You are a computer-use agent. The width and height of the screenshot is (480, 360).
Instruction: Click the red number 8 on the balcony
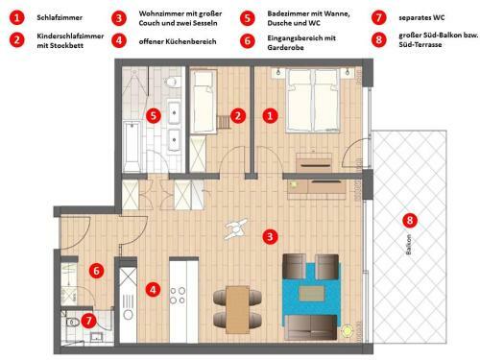(411, 220)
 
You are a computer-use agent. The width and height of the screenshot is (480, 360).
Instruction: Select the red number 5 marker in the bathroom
(154, 115)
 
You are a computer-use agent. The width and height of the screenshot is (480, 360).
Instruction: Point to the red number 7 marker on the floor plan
(89, 321)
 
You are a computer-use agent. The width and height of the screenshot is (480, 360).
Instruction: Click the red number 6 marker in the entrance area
(97, 272)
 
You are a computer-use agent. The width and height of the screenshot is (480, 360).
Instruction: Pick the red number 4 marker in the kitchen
(153, 288)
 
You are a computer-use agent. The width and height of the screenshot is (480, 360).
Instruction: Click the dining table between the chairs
(237, 307)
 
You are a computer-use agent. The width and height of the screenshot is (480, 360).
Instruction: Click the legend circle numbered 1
(16, 17)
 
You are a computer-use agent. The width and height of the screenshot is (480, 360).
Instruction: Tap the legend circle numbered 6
(248, 40)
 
